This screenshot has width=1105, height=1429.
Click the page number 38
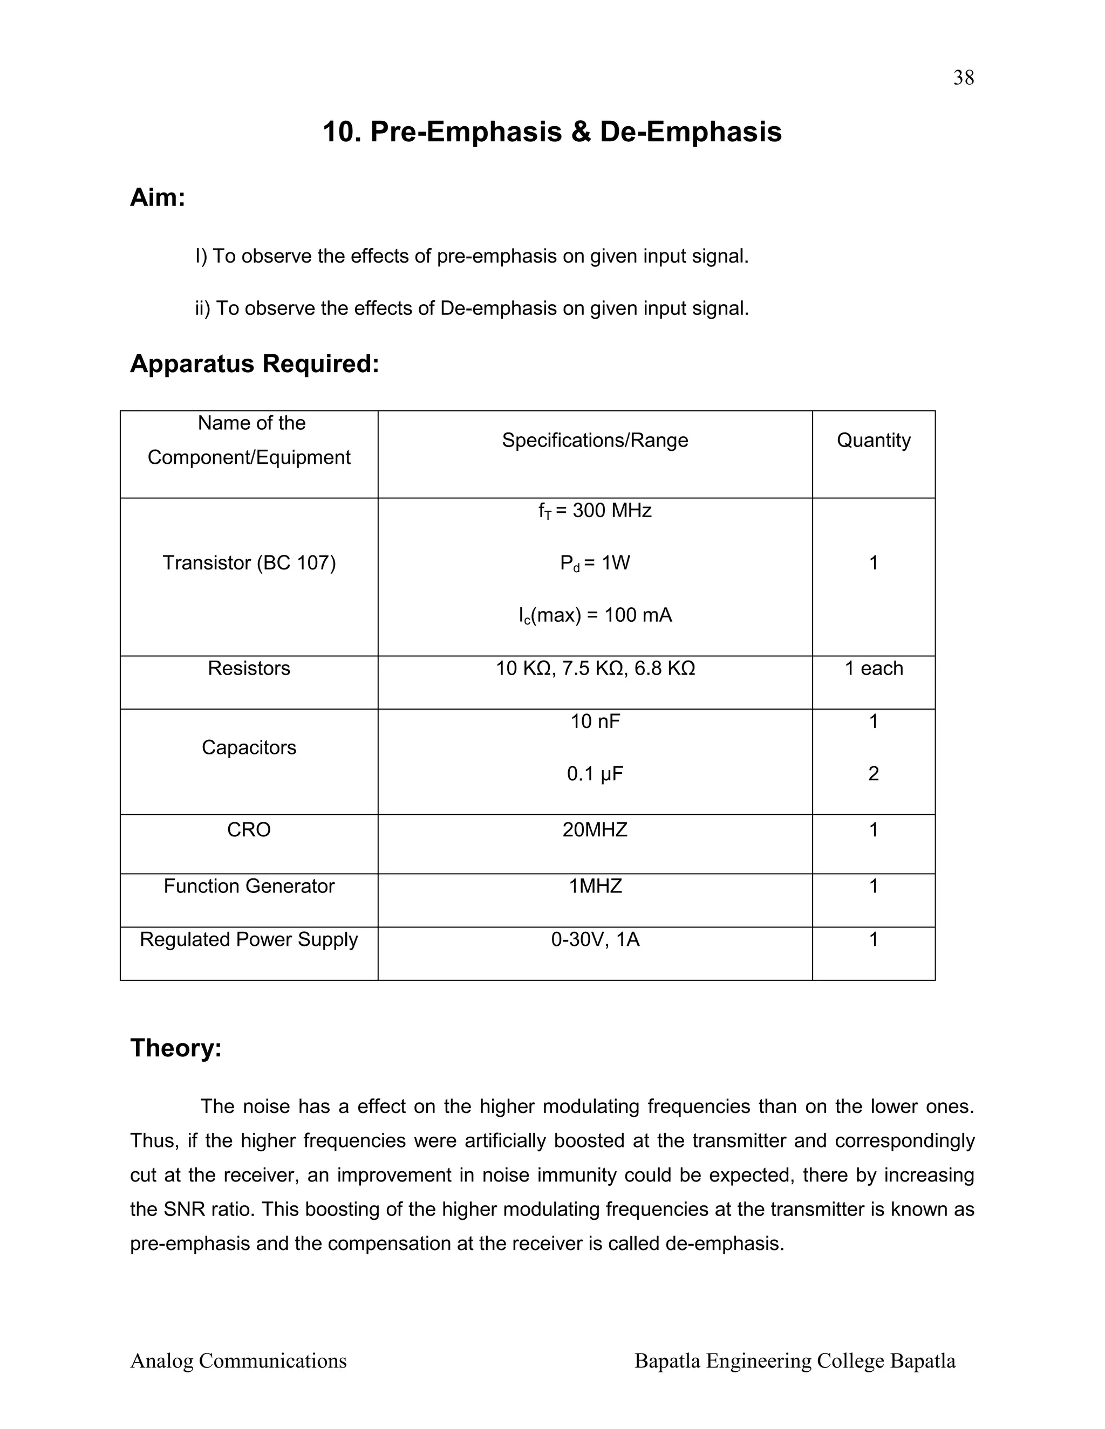point(963,78)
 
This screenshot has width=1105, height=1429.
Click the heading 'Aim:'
point(158,197)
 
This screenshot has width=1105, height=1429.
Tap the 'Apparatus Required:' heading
point(255,364)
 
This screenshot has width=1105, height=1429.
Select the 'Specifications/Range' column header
point(595,441)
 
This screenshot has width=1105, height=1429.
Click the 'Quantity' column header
point(874,441)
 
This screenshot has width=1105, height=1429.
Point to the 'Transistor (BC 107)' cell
point(249,562)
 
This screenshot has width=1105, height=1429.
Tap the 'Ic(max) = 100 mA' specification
point(595,615)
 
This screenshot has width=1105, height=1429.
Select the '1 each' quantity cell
point(874,668)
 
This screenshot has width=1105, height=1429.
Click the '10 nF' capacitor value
point(595,721)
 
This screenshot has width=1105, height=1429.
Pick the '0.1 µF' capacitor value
point(595,774)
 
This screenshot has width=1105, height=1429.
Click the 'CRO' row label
point(249,830)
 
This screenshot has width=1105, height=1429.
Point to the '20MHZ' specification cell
point(595,830)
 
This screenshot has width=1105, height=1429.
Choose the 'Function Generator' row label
point(249,886)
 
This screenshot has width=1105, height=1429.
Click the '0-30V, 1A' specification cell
point(595,939)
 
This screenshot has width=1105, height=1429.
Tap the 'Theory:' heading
point(176,1048)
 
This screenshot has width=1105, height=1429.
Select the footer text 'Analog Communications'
point(238,1361)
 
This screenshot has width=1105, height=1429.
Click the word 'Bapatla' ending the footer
point(922,1361)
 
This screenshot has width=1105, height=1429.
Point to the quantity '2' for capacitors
point(874,774)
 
